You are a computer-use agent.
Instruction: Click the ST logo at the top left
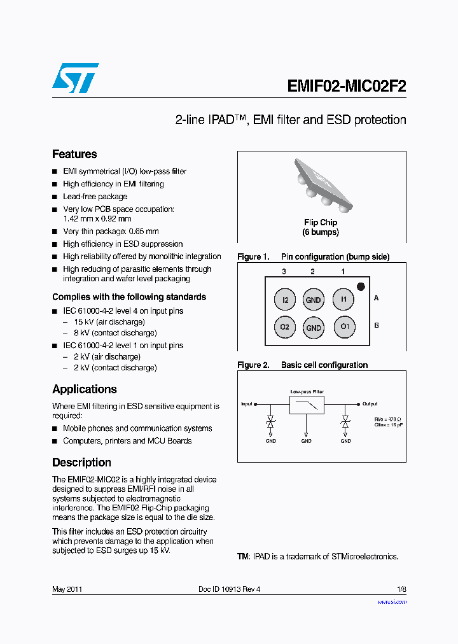(x=75, y=78)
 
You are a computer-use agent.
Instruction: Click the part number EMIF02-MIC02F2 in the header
(x=346, y=85)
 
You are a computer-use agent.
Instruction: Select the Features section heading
(x=74, y=154)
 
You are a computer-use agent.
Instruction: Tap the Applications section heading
(x=84, y=389)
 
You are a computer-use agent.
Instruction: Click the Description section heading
(x=81, y=463)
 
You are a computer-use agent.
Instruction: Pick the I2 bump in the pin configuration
(x=285, y=300)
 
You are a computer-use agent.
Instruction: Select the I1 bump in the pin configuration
(x=343, y=298)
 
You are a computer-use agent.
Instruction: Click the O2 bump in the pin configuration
(x=285, y=327)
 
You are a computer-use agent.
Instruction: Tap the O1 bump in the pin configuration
(x=344, y=327)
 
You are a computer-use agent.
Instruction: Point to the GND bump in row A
(x=314, y=300)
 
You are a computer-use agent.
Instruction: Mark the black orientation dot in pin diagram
(x=361, y=286)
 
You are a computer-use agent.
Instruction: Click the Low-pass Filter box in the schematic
(x=307, y=405)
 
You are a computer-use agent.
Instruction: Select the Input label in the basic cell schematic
(x=246, y=403)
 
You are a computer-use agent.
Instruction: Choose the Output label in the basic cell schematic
(x=370, y=403)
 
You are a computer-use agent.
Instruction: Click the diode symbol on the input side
(x=270, y=423)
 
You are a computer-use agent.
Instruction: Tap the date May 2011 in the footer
(x=67, y=589)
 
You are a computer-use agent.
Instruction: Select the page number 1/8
(x=401, y=589)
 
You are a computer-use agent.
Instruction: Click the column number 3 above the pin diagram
(x=284, y=272)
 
